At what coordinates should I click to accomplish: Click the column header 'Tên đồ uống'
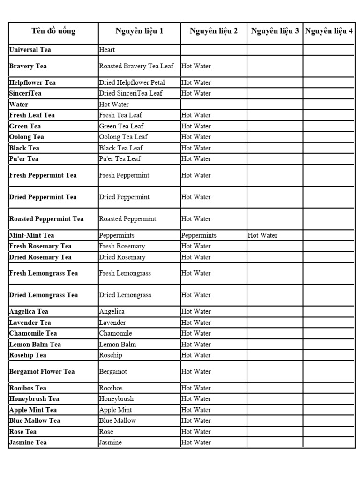point(53,31)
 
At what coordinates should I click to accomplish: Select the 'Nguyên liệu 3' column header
point(275,31)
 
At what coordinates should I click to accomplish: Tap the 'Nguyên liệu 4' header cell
point(329,31)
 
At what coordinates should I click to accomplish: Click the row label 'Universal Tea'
point(30,50)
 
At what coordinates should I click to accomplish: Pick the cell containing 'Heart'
point(107,50)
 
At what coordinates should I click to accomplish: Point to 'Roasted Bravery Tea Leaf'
point(136,66)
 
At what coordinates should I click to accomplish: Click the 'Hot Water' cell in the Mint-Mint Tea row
point(262,235)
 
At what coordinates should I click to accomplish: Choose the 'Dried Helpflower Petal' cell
point(132,82)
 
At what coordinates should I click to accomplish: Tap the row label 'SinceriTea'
point(25,93)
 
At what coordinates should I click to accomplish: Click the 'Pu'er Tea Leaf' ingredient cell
point(120,158)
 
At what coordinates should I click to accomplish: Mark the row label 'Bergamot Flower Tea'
point(42,372)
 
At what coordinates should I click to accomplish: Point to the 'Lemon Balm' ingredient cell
point(117,344)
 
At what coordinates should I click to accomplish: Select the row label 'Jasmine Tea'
point(28,442)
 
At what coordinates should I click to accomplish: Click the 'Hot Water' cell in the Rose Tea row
point(196,432)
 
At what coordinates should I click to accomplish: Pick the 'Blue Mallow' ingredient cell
point(117,420)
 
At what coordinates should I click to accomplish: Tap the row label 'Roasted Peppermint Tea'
point(46,219)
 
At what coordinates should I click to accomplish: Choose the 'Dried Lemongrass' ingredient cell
point(125,295)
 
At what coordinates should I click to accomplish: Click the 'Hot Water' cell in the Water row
point(113,104)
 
